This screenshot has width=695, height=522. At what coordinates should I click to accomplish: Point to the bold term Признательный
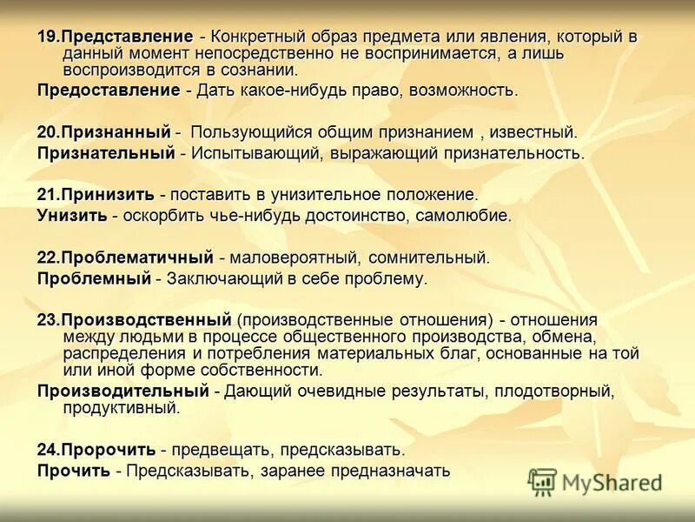coord(106,153)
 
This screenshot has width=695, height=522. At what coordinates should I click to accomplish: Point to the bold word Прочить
coord(73,471)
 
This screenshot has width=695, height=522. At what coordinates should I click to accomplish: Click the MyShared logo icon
coord(542,481)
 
